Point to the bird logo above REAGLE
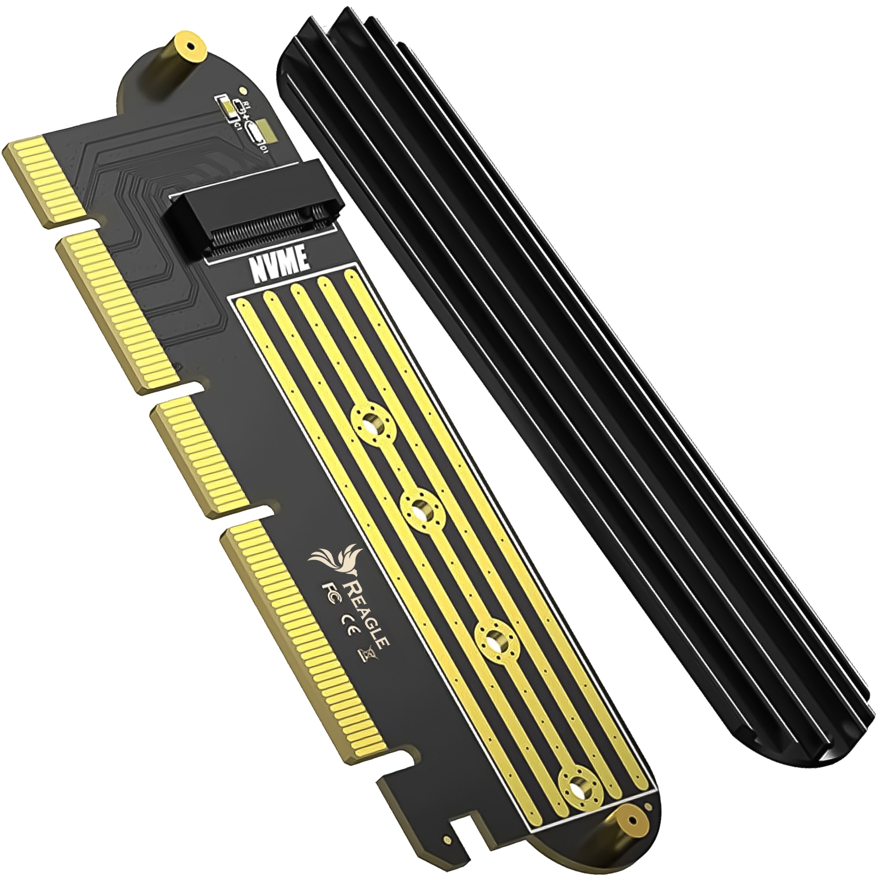[336, 561]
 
